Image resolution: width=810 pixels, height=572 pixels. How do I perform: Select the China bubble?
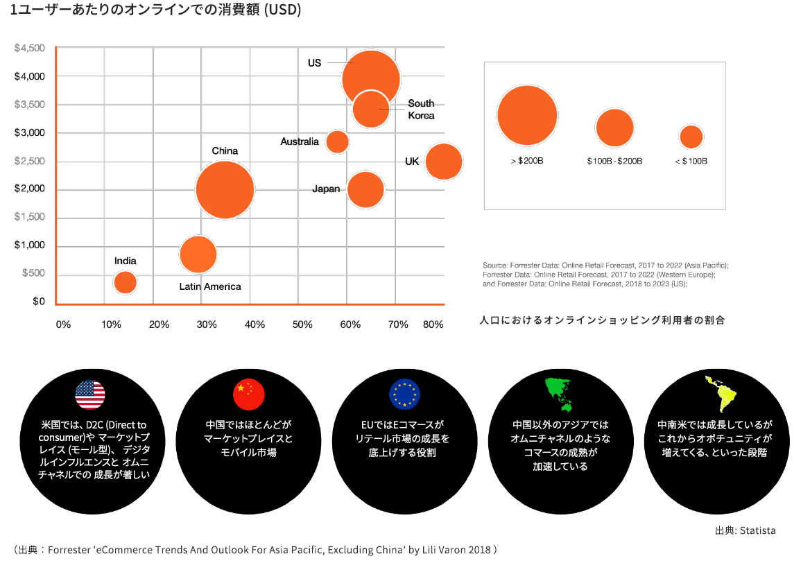click(x=225, y=189)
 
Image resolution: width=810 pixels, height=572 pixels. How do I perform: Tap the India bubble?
click(x=125, y=282)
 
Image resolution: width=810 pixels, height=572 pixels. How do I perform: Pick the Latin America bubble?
click(x=198, y=254)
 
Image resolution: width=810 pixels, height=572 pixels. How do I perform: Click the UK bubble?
click(x=444, y=162)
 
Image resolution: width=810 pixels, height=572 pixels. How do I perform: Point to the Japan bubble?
click(x=365, y=189)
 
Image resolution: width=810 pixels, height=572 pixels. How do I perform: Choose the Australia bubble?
click(x=337, y=141)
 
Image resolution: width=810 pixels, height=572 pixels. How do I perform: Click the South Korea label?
click(x=421, y=110)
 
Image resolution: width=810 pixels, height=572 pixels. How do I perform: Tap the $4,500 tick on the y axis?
click(x=30, y=48)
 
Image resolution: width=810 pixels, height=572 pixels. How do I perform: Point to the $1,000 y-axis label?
click(x=30, y=245)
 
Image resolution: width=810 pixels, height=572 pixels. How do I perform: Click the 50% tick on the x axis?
click(x=303, y=324)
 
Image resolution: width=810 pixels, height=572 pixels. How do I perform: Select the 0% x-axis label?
click(x=63, y=324)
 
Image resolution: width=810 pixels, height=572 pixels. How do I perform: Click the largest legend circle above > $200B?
click(x=527, y=116)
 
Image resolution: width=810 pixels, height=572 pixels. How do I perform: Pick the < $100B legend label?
click(x=691, y=161)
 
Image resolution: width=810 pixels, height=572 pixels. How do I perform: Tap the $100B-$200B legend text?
click(x=614, y=161)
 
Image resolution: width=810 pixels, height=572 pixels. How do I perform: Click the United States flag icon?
click(x=90, y=395)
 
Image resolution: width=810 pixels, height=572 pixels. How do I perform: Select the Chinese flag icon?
click(x=248, y=395)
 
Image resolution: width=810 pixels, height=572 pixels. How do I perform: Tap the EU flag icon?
click(x=404, y=395)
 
